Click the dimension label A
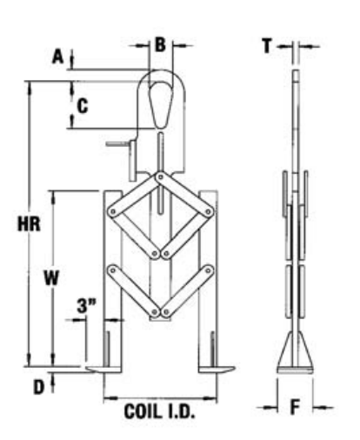[x=58, y=57]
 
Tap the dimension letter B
[x=160, y=45]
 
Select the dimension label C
[x=83, y=106]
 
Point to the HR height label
[x=29, y=224]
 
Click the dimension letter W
[x=51, y=277]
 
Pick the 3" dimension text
[x=86, y=306]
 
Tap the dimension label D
[x=39, y=387]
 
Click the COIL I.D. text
[x=159, y=411]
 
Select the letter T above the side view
[x=267, y=46]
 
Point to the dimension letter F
[x=295, y=407]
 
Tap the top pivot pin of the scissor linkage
[x=160, y=177]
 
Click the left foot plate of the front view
[x=103, y=370]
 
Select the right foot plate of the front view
[x=217, y=370]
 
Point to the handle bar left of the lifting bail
[x=118, y=143]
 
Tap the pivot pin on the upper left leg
[x=113, y=212]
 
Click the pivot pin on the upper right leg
[x=208, y=212]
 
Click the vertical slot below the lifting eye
[x=161, y=173]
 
